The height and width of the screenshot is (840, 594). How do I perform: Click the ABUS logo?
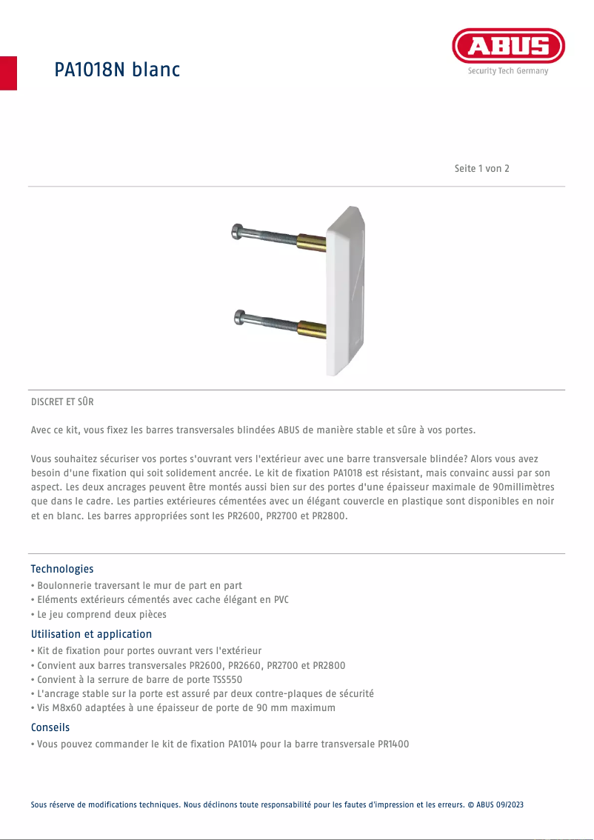tap(508, 46)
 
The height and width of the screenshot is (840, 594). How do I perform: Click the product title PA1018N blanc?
tap(117, 70)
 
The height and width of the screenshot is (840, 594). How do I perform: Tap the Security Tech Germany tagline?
tap(508, 71)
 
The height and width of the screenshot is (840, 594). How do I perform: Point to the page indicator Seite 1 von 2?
tap(481, 168)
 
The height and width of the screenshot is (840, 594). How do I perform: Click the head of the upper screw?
tap(238, 231)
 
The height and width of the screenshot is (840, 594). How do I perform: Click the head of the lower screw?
tap(238, 318)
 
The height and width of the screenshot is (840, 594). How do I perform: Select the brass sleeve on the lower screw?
tap(311, 327)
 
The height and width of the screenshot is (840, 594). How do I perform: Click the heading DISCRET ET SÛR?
tap(62, 402)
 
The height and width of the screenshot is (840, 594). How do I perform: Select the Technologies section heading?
tap(62, 569)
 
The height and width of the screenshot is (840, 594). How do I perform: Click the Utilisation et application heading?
tap(91, 634)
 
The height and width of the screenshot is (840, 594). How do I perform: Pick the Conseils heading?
tap(50, 727)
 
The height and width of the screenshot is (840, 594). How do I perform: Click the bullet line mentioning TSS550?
tap(139, 679)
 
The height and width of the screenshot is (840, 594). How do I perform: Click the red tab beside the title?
tap(8, 73)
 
